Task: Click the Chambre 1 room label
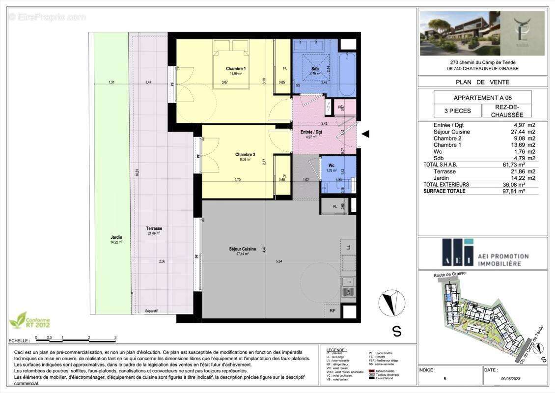tap(236, 68)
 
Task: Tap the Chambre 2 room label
tap(245, 154)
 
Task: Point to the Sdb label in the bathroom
tap(315, 69)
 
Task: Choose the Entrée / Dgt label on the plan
tap(311, 132)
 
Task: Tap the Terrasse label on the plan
tap(154, 228)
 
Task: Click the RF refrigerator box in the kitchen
tap(333, 310)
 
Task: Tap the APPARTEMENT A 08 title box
tap(482, 97)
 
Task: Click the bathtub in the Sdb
tap(348, 74)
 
